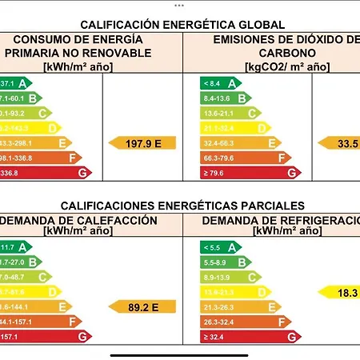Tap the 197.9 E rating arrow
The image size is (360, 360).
click(142, 142)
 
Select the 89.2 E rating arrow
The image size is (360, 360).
click(142, 306)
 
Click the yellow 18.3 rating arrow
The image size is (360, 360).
click(340, 292)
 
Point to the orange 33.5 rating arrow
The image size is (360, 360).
click(340, 142)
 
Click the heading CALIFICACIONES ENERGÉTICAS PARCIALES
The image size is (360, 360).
click(182, 206)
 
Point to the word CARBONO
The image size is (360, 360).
click(272, 52)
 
